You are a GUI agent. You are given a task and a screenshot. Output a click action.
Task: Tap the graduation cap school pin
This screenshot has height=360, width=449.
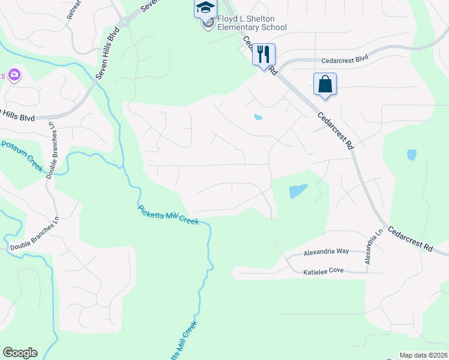[205, 8]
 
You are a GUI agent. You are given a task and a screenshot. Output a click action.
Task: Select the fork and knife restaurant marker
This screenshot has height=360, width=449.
[264, 55]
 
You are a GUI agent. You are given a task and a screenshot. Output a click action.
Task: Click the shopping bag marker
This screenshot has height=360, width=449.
[325, 84]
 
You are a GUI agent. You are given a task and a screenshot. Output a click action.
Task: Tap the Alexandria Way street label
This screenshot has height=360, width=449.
[326, 252]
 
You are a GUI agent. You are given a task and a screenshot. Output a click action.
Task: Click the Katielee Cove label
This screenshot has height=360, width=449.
[323, 271]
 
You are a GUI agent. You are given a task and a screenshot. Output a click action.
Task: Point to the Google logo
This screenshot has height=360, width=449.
[20, 353]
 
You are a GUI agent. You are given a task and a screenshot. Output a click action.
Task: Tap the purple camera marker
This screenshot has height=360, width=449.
[14, 75]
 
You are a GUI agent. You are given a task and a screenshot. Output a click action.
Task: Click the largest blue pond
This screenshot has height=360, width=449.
[298, 191]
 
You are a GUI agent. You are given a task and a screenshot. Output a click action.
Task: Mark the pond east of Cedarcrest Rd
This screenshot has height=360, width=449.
[411, 155]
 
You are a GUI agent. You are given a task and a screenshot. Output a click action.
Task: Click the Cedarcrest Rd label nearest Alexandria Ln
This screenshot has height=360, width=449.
[410, 238]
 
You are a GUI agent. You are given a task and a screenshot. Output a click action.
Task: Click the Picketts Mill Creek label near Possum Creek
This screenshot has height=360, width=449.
[168, 215]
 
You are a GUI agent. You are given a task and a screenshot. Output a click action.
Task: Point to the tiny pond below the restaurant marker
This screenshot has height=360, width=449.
[258, 117]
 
